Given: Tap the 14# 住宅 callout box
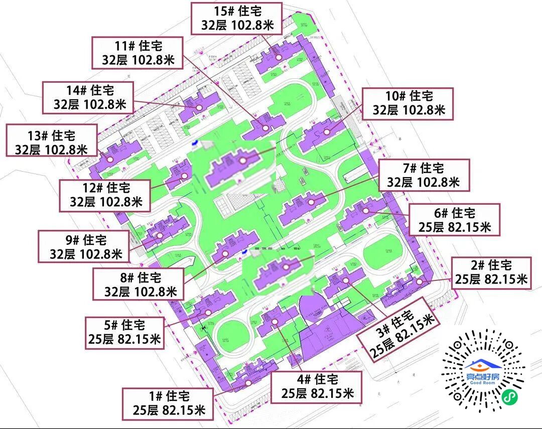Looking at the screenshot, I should pyautogui.click(x=88, y=97).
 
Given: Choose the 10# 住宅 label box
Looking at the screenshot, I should pyautogui.click(x=408, y=103).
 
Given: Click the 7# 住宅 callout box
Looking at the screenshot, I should pyautogui.click(x=424, y=175).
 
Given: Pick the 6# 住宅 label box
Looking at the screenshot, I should pyautogui.click(x=455, y=219).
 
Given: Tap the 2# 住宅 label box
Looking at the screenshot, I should pyautogui.click(x=491, y=272).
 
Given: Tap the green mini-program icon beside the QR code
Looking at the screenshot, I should pyautogui.click(x=510, y=396).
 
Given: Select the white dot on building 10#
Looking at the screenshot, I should pyautogui.click(x=327, y=132).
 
